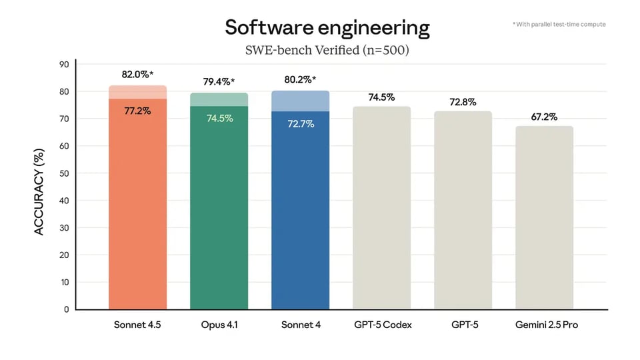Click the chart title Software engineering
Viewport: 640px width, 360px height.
(327, 27)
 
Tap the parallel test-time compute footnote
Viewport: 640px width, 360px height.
(559, 24)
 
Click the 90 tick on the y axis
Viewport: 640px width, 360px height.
(64, 65)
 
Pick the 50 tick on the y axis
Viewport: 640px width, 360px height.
(64, 173)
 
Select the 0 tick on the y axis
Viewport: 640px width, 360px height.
(66, 309)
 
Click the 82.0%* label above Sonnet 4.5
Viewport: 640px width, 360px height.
(137, 75)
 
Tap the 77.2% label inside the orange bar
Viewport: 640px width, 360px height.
(137, 111)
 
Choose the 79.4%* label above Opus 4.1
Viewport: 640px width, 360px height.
(219, 82)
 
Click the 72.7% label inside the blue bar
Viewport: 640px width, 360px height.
(300, 123)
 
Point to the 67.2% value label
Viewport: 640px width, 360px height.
(544, 117)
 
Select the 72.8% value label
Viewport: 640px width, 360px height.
(463, 101)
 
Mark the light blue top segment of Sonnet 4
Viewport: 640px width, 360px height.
(300, 101)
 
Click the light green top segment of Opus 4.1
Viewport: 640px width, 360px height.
(219, 99)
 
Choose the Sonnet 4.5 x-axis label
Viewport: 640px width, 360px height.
(137, 325)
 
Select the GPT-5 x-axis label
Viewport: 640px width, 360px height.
(463, 325)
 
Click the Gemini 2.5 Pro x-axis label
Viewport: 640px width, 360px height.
(544, 325)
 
